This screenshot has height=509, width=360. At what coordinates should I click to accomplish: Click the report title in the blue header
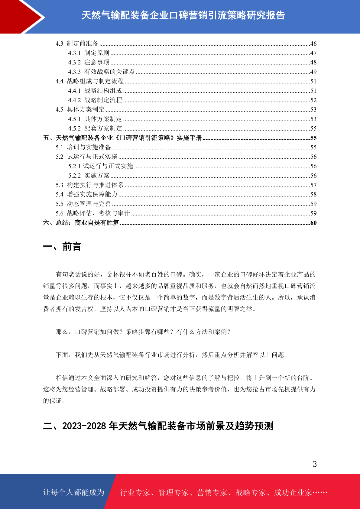coord(183,15)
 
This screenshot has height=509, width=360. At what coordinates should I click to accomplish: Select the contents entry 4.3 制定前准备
coord(77,44)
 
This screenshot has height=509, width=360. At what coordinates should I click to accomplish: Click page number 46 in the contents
coord(313,44)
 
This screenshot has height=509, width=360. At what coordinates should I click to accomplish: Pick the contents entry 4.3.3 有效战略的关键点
coord(101,72)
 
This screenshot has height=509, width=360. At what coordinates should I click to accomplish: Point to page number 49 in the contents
coord(313,72)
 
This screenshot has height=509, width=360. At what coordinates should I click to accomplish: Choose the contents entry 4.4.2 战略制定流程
coord(95,100)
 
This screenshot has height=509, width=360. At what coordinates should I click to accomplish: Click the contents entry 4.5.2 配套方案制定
coord(95,128)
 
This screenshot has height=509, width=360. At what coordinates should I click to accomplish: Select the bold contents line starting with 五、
coord(122,138)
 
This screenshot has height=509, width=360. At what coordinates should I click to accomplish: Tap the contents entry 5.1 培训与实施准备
coord(83,147)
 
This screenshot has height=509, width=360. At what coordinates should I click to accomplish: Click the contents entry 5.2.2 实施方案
coord(89,176)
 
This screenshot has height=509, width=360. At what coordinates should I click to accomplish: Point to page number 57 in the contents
coord(313,185)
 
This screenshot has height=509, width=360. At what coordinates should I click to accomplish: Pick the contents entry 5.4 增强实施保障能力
coord(86,194)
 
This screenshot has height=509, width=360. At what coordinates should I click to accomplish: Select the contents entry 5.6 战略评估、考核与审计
coord(92,213)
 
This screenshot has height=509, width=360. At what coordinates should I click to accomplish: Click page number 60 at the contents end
coord(313,223)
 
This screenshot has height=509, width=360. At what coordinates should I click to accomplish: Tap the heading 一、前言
coord(62,247)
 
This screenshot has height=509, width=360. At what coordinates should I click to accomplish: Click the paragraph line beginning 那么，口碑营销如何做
coord(144,332)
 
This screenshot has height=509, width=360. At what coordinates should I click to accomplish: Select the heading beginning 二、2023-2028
coord(158,426)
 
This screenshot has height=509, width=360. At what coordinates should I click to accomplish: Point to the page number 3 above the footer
coord(314,464)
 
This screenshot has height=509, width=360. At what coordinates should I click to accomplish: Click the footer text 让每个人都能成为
coord(74,492)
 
